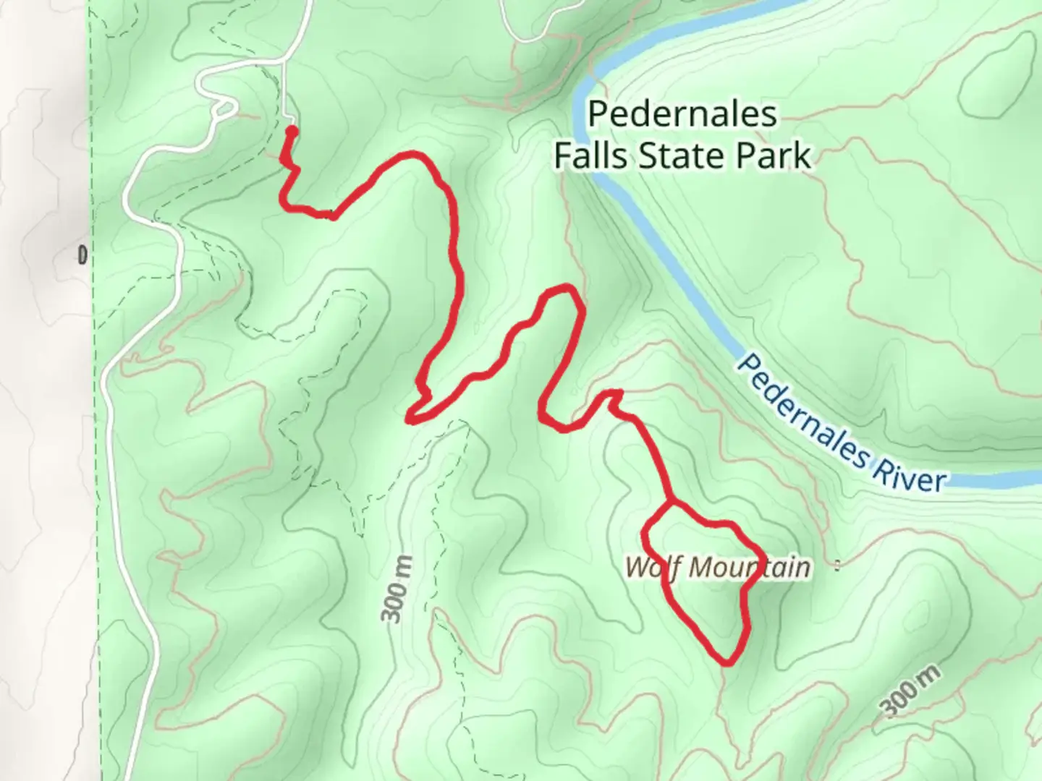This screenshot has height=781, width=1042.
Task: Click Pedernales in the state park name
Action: pos(683,114)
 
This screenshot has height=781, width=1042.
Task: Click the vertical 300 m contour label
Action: pos(397,589)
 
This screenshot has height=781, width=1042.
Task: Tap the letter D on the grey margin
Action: pos(82,255)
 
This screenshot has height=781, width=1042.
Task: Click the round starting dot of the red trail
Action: pos(291,131)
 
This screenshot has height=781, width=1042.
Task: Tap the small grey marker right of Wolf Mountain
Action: pos(837,566)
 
